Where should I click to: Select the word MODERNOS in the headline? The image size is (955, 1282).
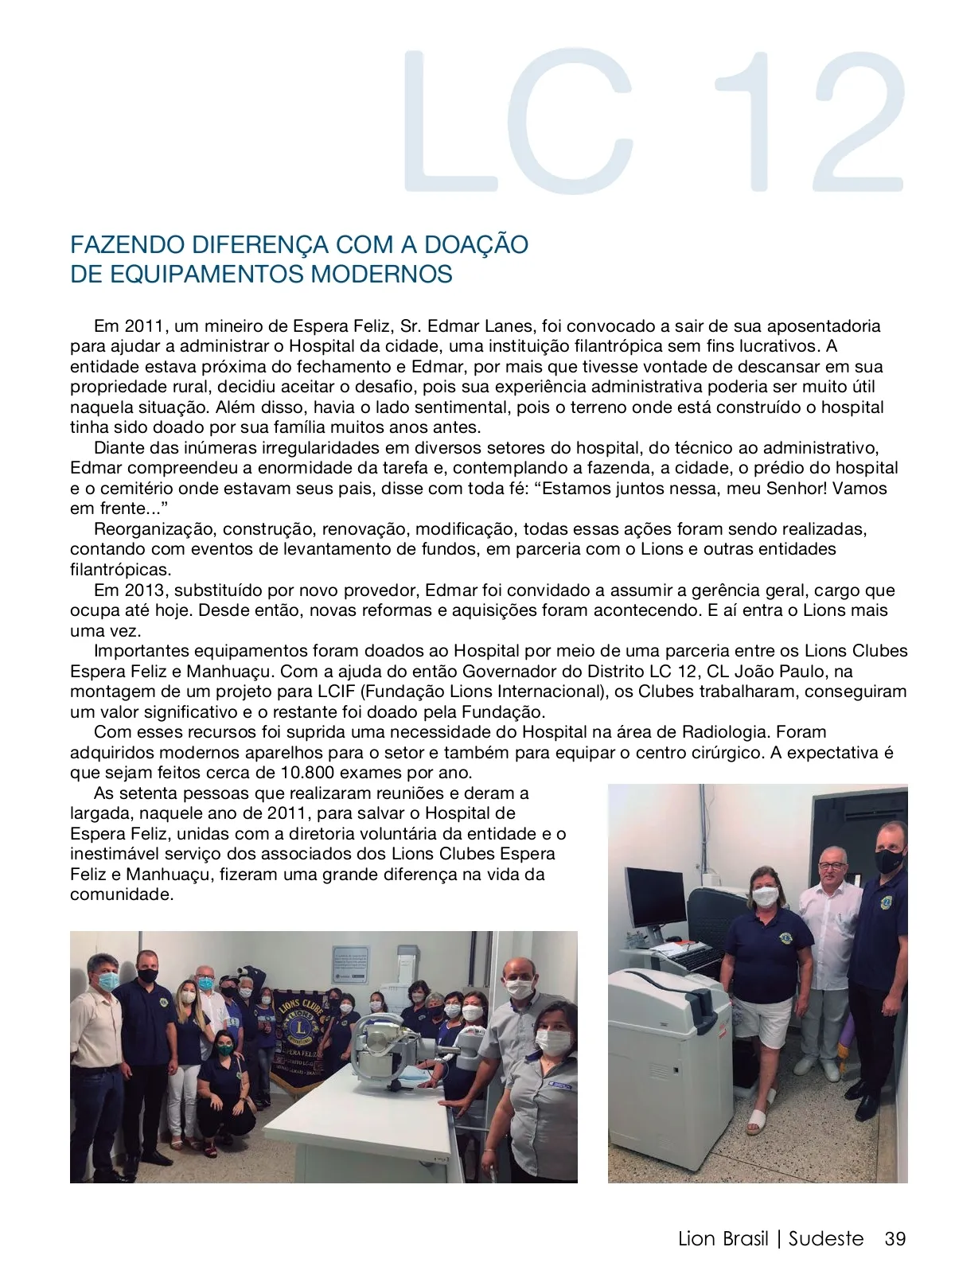381,274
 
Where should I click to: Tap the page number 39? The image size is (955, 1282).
895,1239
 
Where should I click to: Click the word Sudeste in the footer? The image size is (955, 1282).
825,1239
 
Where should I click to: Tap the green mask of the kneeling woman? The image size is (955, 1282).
224,1050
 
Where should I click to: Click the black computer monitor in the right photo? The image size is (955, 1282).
654,898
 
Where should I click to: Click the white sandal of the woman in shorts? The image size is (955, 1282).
755,1121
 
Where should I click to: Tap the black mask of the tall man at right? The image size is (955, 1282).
889,859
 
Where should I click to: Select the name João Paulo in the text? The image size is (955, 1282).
795,671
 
